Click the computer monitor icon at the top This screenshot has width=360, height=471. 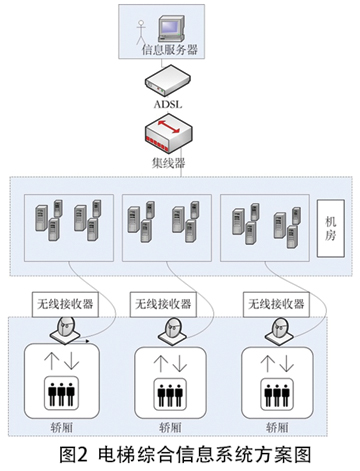tap(171, 29)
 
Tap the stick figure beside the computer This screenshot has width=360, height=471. tap(141, 32)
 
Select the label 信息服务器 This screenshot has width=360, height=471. tap(170, 50)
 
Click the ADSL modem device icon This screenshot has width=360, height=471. tap(168, 80)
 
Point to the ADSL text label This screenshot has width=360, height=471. tap(168, 104)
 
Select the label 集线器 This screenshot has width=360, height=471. tap(169, 163)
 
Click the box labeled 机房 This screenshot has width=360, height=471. tap(330, 228)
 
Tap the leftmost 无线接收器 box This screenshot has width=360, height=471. tap(65, 304)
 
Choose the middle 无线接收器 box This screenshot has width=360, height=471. tap(163, 304)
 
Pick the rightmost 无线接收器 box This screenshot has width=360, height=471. tap(276, 304)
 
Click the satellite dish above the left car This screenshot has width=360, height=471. tap(65, 330)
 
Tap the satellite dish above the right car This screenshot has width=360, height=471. tap(279, 331)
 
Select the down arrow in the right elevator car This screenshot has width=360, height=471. tap(286, 364)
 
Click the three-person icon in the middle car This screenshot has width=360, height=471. tap(170, 395)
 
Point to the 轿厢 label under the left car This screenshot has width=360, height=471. tap(62, 427)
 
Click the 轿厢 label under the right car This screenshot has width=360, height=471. tap(277, 427)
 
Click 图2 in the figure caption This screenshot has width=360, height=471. tap(74, 455)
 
